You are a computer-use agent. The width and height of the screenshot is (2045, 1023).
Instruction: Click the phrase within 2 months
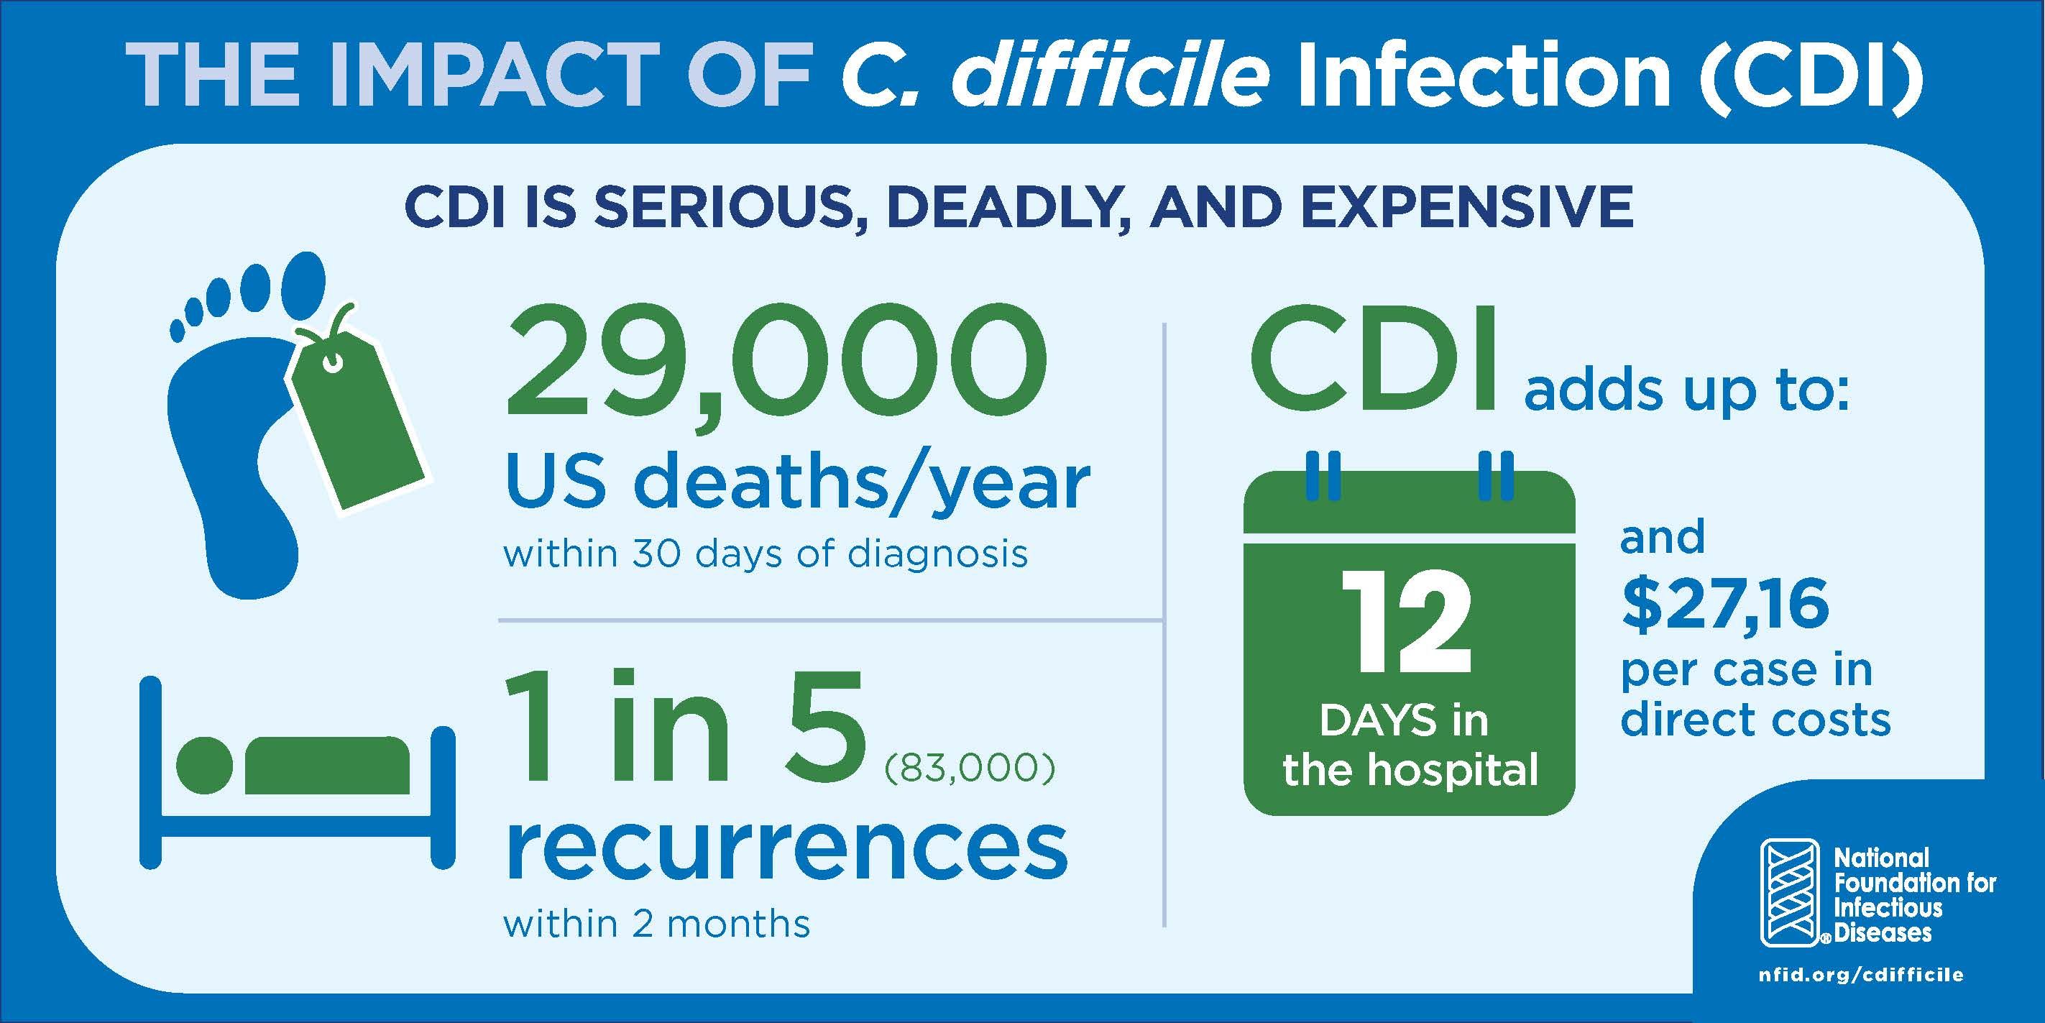point(656,924)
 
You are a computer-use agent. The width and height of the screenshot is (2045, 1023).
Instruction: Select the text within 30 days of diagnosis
point(766,553)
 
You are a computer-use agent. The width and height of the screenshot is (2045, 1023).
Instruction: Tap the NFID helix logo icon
point(1789,893)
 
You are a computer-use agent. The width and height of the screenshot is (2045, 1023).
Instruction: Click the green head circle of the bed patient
point(204,765)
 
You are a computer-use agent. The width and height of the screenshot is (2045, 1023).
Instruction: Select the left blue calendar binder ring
point(1323,476)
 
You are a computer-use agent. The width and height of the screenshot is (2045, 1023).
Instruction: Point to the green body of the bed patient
point(327,765)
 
